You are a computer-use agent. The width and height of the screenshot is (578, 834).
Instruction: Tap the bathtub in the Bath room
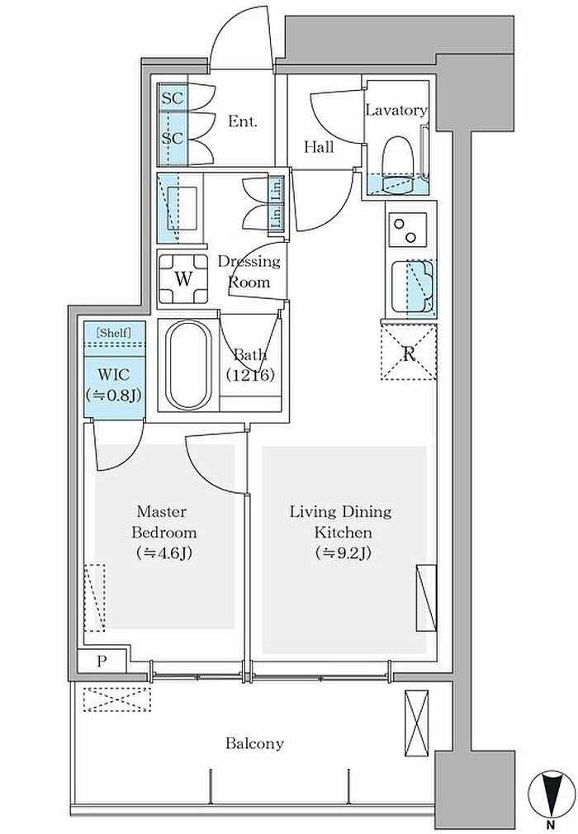(x=188, y=365)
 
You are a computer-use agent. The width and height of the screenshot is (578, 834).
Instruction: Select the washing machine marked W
(x=183, y=279)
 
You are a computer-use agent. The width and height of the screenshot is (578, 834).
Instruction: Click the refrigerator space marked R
(x=409, y=352)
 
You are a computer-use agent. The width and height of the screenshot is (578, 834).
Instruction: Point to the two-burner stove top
(x=408, y=230)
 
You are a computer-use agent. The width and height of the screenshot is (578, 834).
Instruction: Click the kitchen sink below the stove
(x=413, y=287)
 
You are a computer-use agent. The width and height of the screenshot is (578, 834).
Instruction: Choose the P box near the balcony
(x=102, y=661)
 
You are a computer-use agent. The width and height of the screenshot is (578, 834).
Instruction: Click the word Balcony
(x=254, y=743)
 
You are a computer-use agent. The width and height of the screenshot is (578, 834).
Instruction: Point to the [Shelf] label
(x=114, y=333)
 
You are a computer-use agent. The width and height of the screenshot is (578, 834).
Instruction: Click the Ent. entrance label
(x=243, y=121)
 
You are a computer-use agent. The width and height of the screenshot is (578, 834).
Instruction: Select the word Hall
(x=319, y=147)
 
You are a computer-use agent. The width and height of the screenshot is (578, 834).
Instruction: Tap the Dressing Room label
(x=249, y=272)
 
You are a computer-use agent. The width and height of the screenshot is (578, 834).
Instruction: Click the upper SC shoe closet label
(x=173, y=98)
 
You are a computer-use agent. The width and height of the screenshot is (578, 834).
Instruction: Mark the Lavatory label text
(x=396, y=110)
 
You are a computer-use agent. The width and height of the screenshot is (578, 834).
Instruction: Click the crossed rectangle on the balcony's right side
(x=416, y=723)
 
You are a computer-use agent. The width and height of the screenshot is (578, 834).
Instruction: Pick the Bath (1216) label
(x=250, y=365)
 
